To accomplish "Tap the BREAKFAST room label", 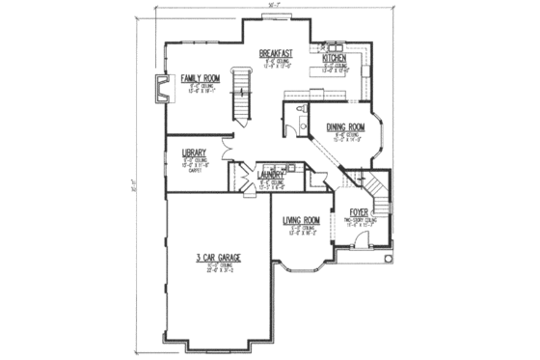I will point(277,55).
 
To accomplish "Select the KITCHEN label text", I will point(337,58).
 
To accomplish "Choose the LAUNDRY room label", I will point(271,175).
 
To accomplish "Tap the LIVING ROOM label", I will point(301,220).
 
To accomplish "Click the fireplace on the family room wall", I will point(161,91).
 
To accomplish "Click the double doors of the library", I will point(226,147).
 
